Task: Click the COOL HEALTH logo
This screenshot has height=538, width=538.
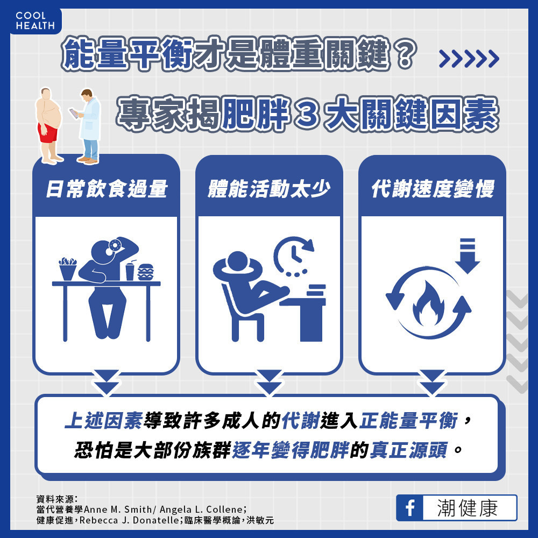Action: pos(35,20)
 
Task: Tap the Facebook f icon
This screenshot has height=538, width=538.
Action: pos(410,508)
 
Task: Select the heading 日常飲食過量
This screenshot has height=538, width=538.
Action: pos(107,189)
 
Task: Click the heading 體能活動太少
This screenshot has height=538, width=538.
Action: pos(269,189)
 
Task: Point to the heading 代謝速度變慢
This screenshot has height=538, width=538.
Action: pos(433,189)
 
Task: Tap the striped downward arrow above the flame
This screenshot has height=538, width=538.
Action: pos(468,256)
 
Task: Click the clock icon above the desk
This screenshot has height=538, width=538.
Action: pos(294,256)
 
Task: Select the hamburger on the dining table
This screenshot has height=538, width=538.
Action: pos(145,272)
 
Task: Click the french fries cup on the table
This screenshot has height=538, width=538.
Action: pos(68,268)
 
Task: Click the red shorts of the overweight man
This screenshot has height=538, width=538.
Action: pos(48,133)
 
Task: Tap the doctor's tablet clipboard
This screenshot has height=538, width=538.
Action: pos(73,114)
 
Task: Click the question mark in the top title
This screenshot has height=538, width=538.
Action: pos(405,54)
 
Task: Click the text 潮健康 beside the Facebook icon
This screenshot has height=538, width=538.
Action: pos(468,508)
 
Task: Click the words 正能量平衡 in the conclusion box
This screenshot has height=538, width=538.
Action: pos(408,421)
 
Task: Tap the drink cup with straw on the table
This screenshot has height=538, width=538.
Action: pos(130,271)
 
